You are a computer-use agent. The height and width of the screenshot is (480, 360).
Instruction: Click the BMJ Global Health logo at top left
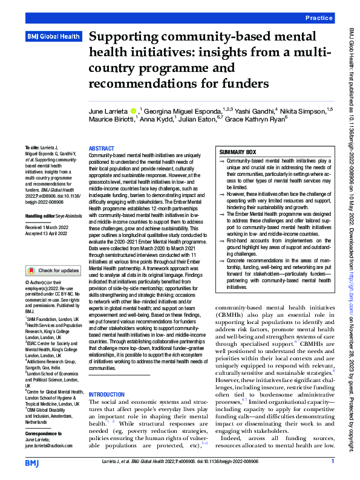pyautogui.click(x=53, y=36)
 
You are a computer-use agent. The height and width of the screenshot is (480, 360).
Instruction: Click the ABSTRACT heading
pyautogui.click(x=101, y=148)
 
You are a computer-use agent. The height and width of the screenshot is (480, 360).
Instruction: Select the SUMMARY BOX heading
pyautogui.click(x=238, y=152)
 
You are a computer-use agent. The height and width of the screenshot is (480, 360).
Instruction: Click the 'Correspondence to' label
pyautogui.click(x=44, y=434)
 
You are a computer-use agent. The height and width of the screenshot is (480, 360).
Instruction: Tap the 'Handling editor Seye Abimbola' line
pyautogui.click(x=53, y=198)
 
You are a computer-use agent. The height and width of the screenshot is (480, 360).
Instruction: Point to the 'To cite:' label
pyautogui.click(x=31, y=148)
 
